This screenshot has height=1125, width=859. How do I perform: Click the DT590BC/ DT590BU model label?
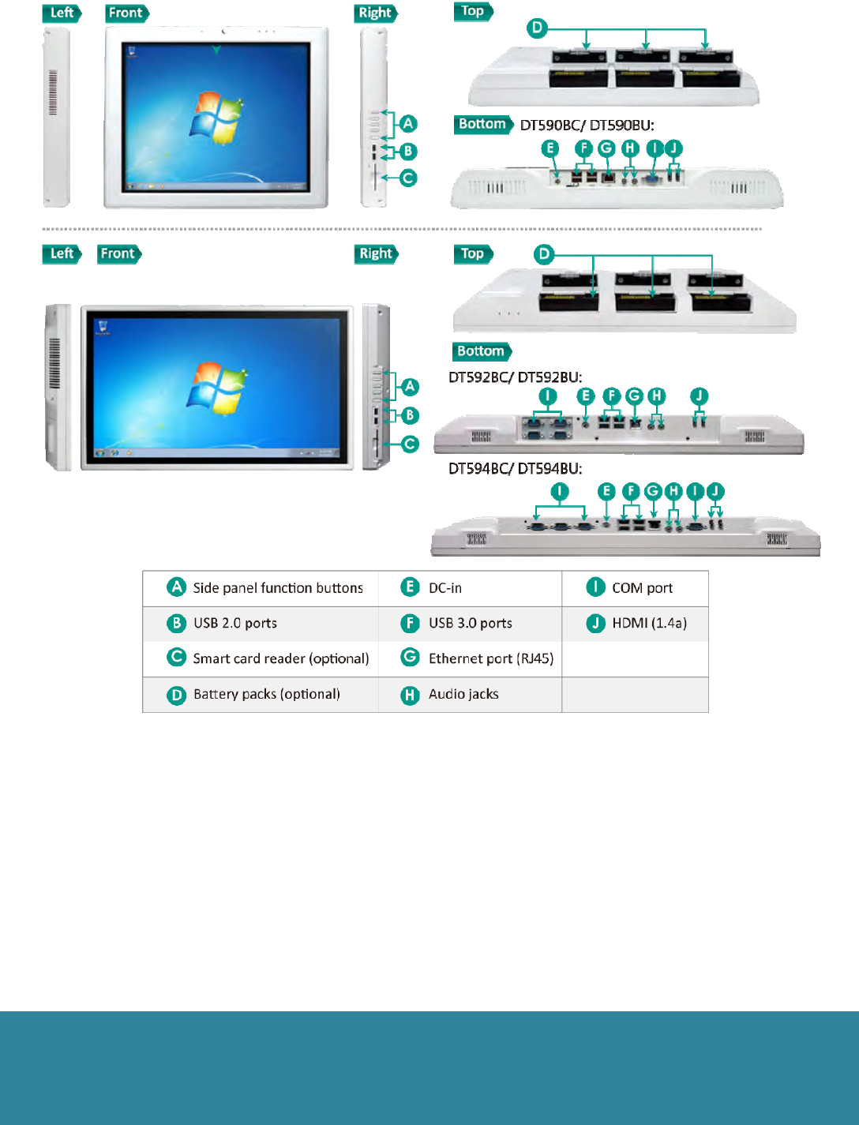587,125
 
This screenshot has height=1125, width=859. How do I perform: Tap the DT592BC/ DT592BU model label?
515,377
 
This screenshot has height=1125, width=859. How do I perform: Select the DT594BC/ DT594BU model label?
515,469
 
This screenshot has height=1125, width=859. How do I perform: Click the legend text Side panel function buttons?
278,588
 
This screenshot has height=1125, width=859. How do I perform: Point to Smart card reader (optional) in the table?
280,658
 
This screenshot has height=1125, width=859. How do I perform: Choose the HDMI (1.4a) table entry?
649,623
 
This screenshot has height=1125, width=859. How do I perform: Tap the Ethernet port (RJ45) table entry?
490,658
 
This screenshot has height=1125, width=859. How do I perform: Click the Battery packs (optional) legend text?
266,694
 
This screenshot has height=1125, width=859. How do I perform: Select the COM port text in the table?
642,588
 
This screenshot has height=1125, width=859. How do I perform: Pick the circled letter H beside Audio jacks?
410,695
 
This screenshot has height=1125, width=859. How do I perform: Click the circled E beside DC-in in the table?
410,587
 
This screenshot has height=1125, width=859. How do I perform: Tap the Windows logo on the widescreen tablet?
216,388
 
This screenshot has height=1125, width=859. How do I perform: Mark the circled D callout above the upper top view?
538,28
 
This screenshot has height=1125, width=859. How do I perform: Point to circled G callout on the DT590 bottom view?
606,148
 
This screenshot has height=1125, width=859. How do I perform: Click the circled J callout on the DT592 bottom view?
699,396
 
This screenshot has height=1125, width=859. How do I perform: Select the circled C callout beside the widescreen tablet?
410,444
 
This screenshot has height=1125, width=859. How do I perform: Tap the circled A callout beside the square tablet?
408,124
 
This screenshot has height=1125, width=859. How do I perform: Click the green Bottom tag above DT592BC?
482,351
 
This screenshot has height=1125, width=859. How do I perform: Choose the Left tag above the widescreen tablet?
62,254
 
